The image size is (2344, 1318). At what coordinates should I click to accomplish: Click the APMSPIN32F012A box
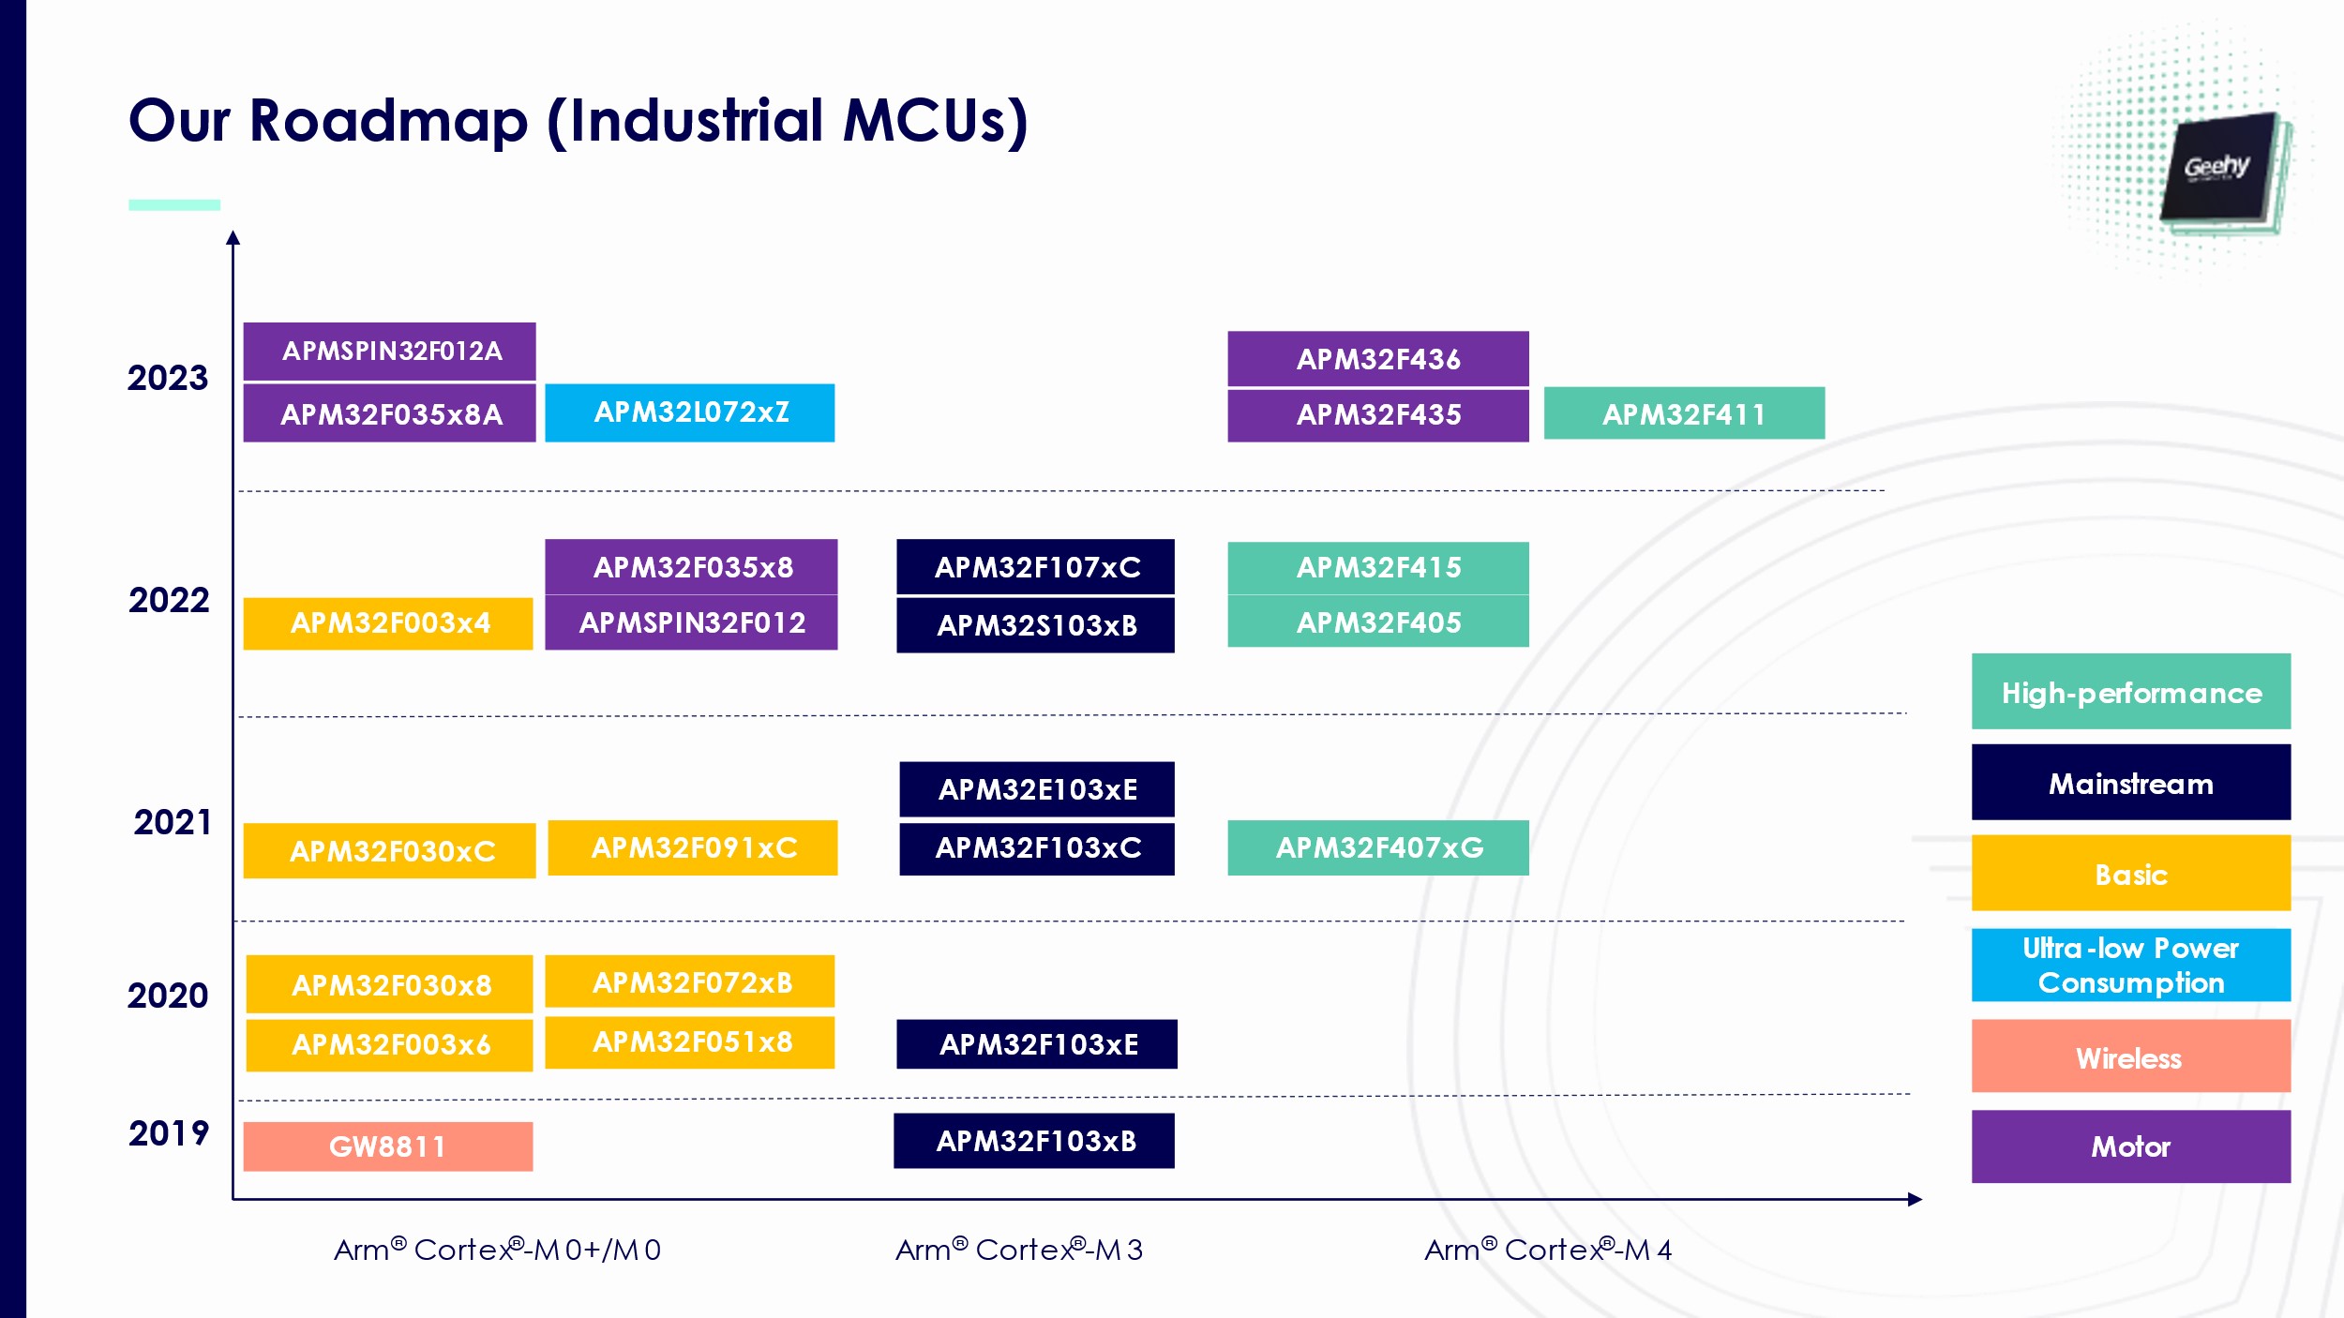[x=389, y=352]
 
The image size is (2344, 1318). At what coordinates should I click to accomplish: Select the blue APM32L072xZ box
[x=690, y=412]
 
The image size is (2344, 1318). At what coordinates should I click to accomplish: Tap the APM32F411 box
[x=1684, y=413]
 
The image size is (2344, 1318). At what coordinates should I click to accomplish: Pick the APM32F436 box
[x=1378, y=358]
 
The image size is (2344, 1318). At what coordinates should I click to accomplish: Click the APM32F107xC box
[x=1036, y=567]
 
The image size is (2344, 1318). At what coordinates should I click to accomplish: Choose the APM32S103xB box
[x=1036, y=625]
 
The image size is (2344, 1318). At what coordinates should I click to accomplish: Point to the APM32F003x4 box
[x=388, y=623]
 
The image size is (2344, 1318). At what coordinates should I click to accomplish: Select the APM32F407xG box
[x=1378, y=847]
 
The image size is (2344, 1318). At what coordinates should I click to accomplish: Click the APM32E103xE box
[x=1037, y=789]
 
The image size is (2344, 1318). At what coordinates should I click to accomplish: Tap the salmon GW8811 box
[x=388, y=1146]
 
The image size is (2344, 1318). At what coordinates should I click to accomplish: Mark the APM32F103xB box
[x=1034, y=1141]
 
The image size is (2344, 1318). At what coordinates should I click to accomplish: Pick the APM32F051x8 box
[x=690, y=1042]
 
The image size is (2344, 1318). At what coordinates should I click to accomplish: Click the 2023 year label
[x=168, y=378]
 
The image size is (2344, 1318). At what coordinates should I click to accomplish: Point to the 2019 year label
[x=169, y=1133]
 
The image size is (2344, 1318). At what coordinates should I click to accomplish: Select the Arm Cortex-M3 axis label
[x=1019, y=1250]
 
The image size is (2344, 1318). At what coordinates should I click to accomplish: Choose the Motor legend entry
[x=2131, y=1146]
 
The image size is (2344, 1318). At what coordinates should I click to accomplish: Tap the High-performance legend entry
[x=2131, y=692]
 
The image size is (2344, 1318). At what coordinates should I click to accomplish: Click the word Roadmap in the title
[x=389, y=122]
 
